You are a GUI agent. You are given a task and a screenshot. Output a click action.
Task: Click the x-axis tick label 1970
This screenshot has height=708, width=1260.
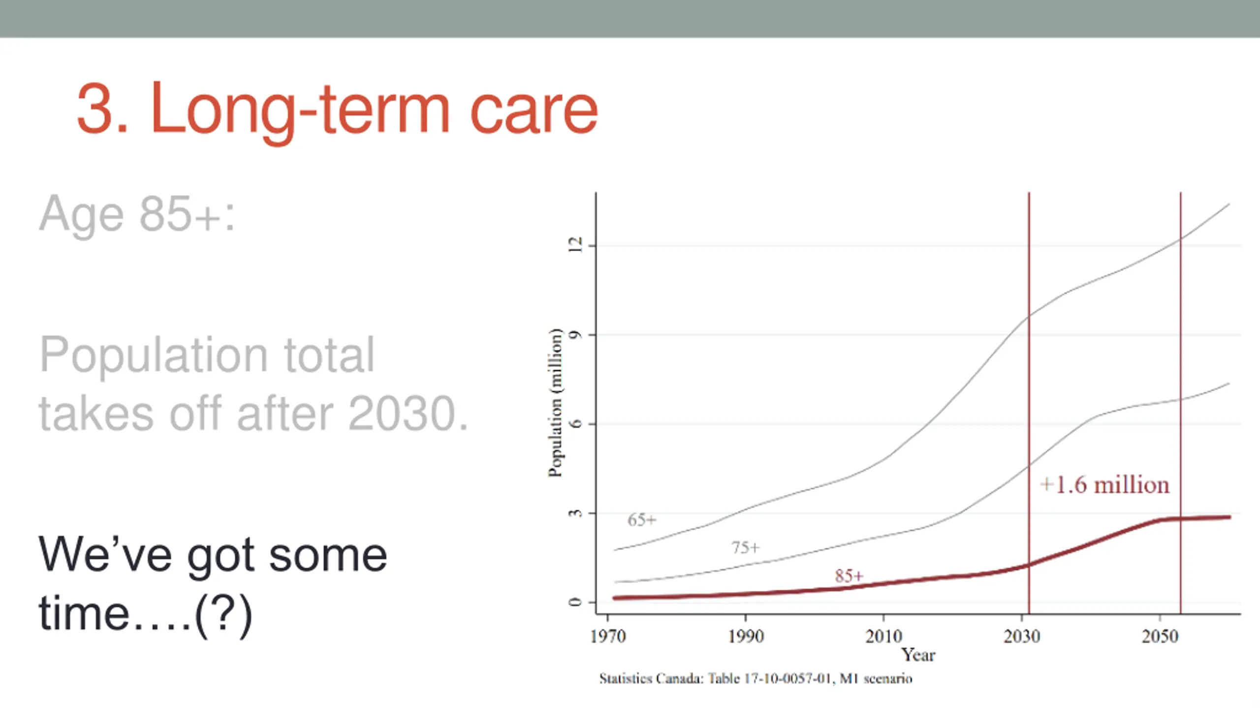pos(608,636)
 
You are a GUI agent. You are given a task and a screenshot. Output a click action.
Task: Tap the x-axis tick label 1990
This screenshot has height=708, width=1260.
pos(746,636)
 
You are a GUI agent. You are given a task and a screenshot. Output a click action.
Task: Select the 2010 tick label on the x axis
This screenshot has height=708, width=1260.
pos(884,636)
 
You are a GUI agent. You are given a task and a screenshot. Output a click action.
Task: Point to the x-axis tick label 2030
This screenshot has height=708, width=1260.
pos(1022,636)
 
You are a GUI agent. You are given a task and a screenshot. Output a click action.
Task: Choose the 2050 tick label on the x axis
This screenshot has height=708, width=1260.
pos(1160,636)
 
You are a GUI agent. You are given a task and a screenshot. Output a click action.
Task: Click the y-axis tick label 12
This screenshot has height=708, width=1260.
pos(575,245)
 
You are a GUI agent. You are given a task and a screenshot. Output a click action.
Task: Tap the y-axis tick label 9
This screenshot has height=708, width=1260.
pos(575,335)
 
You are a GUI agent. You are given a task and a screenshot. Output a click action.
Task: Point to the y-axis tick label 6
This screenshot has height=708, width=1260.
pos(575,423)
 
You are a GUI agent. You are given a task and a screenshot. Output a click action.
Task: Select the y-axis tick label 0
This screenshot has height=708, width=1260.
pos(575,602)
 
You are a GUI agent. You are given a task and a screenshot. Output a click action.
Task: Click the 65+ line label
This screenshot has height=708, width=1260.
pos(642,520)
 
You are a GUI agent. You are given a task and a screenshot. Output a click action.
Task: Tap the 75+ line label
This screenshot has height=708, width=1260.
pos(746,547)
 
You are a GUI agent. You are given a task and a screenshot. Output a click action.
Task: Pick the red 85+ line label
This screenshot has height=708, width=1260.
pos(849,576)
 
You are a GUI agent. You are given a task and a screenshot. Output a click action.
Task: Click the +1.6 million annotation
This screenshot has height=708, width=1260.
pos(1105,485)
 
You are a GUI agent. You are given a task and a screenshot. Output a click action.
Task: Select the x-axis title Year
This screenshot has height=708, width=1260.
pos(918,655)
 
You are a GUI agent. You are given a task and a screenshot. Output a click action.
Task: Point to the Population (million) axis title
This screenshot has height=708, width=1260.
pos(555,402)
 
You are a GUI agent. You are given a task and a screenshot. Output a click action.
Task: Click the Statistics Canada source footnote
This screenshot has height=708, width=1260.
pos(756,678)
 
